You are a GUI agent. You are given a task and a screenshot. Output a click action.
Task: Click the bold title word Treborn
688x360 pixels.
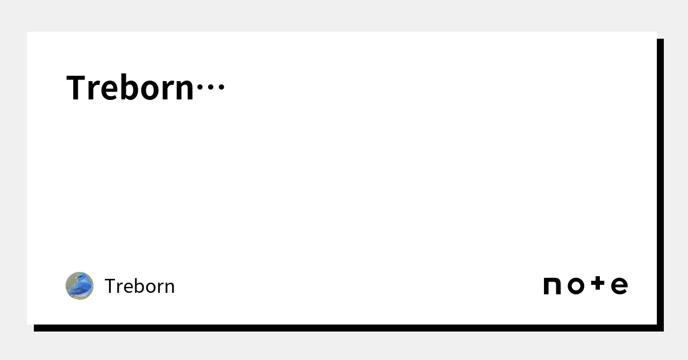point(130,87)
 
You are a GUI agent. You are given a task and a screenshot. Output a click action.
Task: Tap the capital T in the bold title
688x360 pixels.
point(75,87)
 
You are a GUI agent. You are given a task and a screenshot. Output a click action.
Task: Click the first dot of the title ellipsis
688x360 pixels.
point(200,87)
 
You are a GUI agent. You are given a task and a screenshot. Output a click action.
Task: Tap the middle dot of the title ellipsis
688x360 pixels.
point(211,87)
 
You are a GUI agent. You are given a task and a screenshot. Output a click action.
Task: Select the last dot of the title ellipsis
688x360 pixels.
point(221,87)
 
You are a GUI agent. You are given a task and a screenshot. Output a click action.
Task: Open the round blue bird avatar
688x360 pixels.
point(80,286)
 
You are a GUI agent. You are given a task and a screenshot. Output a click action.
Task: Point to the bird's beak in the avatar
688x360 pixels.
point(76,278)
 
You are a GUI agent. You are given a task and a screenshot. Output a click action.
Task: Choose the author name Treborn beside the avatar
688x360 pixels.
point(140,286)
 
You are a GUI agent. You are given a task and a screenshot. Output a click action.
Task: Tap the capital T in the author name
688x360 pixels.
point(110,286)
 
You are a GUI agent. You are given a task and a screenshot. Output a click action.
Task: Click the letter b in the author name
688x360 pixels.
point(138,286)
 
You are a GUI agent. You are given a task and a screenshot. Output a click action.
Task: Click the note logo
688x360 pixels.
point(586,285)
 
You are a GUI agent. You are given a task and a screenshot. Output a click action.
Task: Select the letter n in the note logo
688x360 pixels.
point(552,286)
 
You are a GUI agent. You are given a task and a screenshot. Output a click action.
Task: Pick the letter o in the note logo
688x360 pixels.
point(576,286)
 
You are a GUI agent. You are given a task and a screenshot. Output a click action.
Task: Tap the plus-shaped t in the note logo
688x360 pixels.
point(598,283)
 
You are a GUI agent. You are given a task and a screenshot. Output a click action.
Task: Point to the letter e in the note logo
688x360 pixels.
point(620,286)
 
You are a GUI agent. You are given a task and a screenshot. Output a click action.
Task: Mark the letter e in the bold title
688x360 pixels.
point(109,90)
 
